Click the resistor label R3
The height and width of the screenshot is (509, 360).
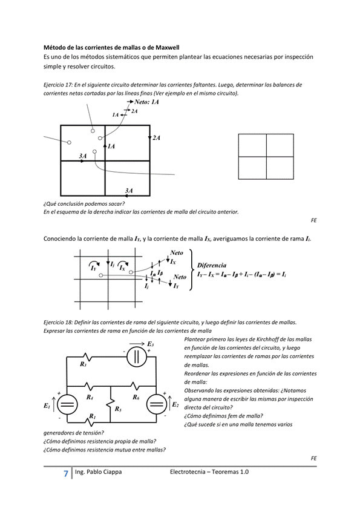click(x=83, y=364)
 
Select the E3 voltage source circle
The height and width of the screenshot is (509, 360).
click(x=137, y=356)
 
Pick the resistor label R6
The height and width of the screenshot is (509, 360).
click(x=136, y=397)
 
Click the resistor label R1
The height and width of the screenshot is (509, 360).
click(x=92, y=416)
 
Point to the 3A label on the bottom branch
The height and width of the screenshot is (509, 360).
click(x=129, y=191)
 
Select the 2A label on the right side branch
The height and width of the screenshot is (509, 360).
click(x=157, y=138)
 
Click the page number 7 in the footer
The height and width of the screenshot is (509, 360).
click(x=65, y=473)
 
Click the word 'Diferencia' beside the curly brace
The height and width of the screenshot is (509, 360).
click(x=212, y=265)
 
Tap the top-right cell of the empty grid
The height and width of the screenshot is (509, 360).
click(x=280, y=145)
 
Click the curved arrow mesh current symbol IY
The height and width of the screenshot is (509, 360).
click(x=94, y=266)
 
